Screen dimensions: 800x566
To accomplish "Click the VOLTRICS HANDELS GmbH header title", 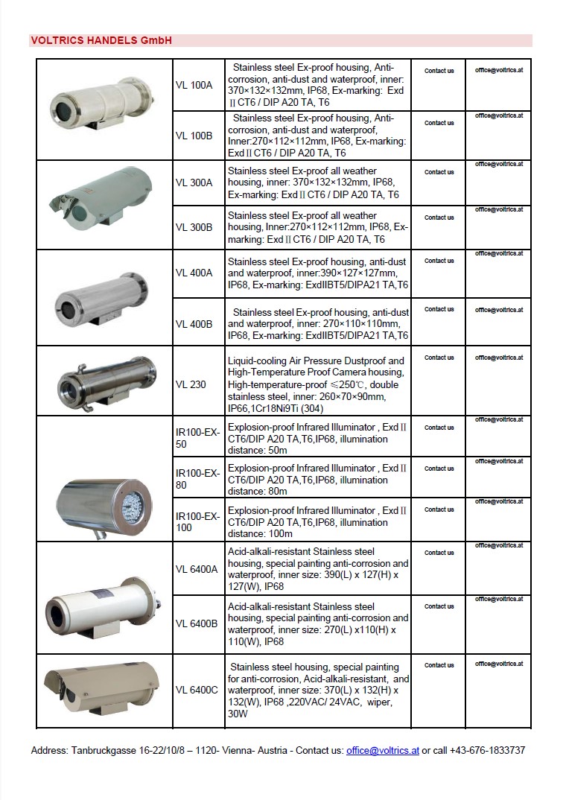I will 101,41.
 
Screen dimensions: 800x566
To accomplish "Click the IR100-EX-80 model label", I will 197,479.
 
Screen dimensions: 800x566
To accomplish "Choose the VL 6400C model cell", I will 197,690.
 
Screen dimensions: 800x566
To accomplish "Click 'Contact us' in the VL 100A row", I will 439,71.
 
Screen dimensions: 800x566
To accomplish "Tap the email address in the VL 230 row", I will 499,358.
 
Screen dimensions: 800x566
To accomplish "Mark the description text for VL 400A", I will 317,273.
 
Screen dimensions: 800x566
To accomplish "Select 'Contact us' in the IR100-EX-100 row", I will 439,509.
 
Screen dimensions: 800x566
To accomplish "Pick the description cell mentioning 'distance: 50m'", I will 317,439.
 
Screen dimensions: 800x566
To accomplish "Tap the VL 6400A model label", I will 197,569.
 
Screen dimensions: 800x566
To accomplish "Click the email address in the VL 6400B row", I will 499,599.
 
